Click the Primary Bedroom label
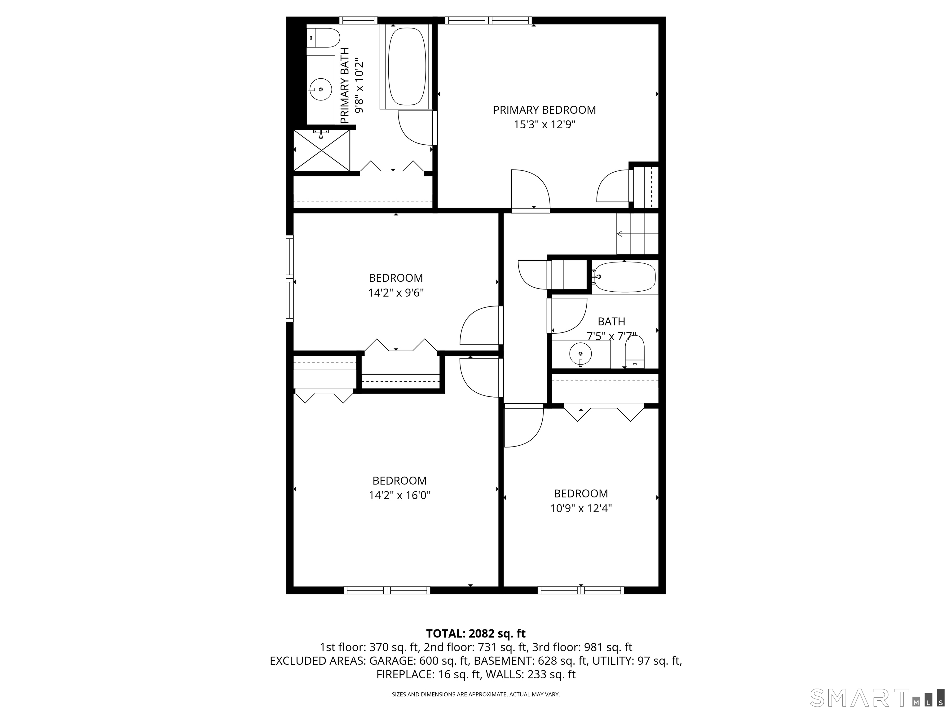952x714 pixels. pyautogui.click(x=544, y=110)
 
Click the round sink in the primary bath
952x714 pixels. pyautogui.click(x=320, y=89)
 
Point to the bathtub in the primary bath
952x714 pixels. pyautogui.click(x=407, y=67)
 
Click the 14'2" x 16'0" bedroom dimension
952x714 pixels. pyautogui.click(x=399, y=495)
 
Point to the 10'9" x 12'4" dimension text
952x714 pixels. pyautogui.click(x=580, y=508)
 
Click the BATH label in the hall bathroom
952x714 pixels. pyautogui.click(x=611, y=321)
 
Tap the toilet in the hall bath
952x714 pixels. pyautogui.click(x=634, y=352)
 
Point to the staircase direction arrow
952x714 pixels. pyautogui.click(x=620, y=234)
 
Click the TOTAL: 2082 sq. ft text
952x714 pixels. pyautogui.click(x=476, y=633)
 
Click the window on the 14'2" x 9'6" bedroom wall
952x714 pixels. pyautogui.click(x=290, y=279)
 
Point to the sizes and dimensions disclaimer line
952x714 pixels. pyautogui.click(x=476, y=694)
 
